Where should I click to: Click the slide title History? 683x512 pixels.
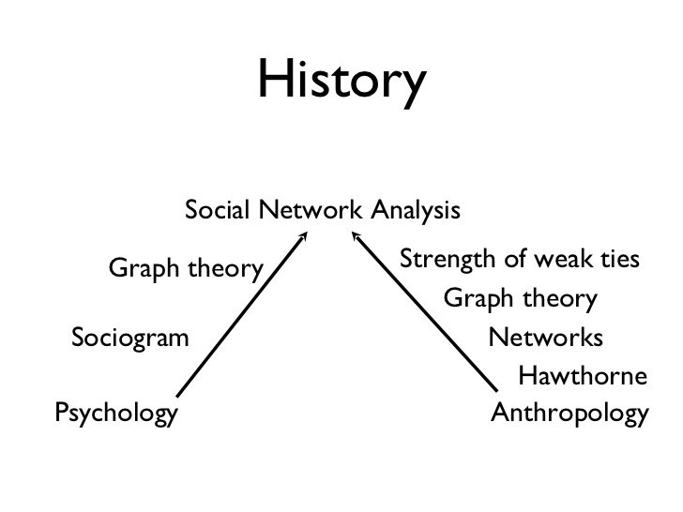pyautogui.click(x=341, y=82)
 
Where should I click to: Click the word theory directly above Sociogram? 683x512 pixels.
pyautogui.click(x=224, y=270)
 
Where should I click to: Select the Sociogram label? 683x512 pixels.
pyautogui.click(x=130, y=338)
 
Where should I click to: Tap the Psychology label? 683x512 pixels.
pyautogui.click(x=116, y=413)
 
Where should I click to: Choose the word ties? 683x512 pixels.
pyautogui.click(x=620, y=259)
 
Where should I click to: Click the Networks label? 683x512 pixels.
pyautogui.click(x=545, y=338)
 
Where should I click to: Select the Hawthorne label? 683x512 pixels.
pyautogui.click(x=583, y=377)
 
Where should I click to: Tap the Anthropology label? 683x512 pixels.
pyautogui.click(x=569, y=413)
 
